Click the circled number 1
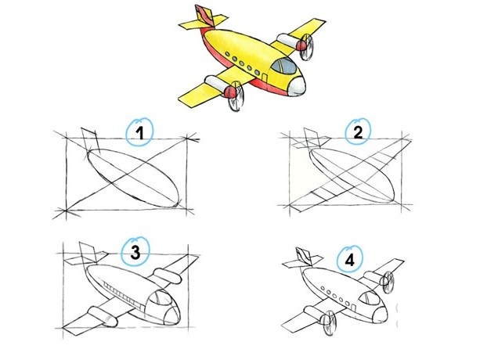[139, 132]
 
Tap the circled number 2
[358, 131]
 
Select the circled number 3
[135, 252]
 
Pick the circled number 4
[350, 261]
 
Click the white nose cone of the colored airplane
[298, 86]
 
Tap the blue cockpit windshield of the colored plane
[284, 66]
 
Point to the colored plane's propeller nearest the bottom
[236, 96]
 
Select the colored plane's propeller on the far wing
[307, 47]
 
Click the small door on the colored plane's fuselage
[265, 77]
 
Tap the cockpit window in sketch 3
[160, 298]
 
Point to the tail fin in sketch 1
[91, 139]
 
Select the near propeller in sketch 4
[330, 322]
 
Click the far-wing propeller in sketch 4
[388, 283]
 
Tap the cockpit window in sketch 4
[370, 298]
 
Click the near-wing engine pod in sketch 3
[103, 316]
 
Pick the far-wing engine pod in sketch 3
[168, 276]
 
